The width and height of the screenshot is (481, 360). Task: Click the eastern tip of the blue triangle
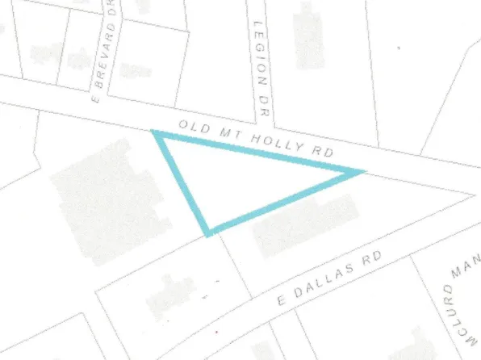pyautogui.click(x=360, y=171)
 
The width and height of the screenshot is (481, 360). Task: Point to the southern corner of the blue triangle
pyautogui.click(x=209, y=232)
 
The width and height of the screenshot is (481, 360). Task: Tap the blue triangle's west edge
pyautogui.click(x=182, y=183)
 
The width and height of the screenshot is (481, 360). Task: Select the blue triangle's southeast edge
pyautogui.click(x=284, y=202)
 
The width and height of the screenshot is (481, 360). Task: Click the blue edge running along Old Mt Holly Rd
pyautogui.click(x=258, y=153)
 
